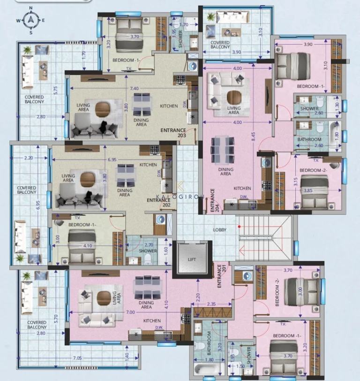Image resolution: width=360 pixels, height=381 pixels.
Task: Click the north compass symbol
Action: [x=30, y=20]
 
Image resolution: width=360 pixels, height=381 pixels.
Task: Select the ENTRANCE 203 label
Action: [x=173, y=132]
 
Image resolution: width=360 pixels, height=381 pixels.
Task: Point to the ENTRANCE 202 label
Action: [x=158, y=203]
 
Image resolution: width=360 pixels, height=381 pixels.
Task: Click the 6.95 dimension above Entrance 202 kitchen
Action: [x=112, y=160]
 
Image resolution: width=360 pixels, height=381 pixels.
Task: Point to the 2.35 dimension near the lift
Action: [x=212, y=304]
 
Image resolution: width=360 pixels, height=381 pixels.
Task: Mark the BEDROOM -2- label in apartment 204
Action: [x=313, y=170]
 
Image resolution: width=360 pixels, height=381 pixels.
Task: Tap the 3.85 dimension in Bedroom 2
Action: [x=307, y=190]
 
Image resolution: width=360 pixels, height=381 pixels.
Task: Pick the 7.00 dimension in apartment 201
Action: [x=130, y=312]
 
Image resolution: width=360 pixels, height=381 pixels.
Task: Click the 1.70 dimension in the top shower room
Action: [x=184, y=24]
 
